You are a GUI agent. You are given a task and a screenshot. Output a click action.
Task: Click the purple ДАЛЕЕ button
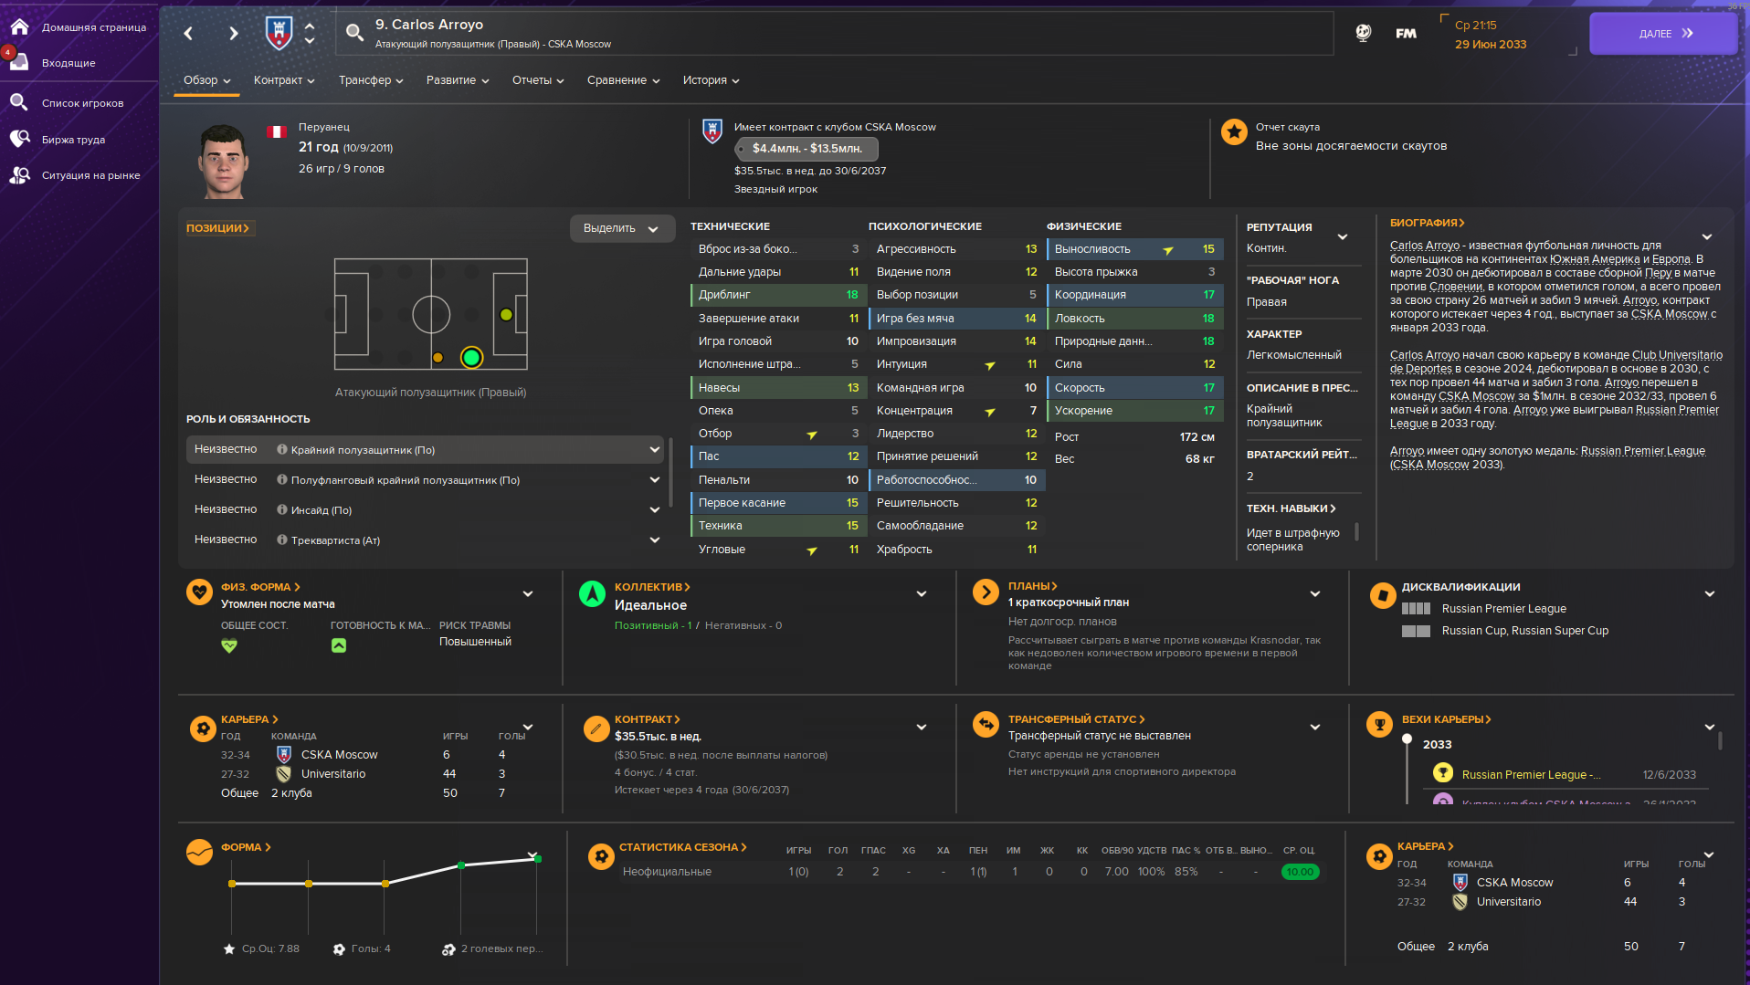point(1662,34)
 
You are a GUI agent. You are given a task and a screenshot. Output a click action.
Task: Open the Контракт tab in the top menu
point(283,80)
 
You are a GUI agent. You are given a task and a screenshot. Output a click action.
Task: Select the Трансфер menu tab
point(370,80)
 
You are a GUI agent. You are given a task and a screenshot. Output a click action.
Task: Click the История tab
point(710,80)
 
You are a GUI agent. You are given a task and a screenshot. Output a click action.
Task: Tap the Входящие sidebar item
point(69,63)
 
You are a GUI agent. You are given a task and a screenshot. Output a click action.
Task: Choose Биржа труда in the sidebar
point(73,140)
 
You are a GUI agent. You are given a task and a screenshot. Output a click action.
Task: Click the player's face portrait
point(223,162)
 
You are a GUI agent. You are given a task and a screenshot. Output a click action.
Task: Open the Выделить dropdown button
point(621,228)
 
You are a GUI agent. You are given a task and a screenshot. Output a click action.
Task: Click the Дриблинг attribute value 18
point(851,295)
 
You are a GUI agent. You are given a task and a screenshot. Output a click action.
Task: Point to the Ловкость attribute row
point(1133,319)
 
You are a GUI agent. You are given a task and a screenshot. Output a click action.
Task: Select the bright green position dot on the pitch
point(471,357)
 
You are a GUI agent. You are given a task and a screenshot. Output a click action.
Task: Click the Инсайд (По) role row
point(425,510)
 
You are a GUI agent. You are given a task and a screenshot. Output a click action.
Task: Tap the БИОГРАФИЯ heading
point(1426,223)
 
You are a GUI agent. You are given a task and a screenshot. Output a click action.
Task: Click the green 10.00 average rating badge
point(1299,872)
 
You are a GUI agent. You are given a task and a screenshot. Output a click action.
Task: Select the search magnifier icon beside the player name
point(354,34)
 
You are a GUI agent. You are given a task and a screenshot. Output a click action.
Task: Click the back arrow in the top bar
point(189,34)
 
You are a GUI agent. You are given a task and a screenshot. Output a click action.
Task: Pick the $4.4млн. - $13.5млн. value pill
point(806,149)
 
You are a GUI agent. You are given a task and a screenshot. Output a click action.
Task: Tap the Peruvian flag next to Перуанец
point(276,131)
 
